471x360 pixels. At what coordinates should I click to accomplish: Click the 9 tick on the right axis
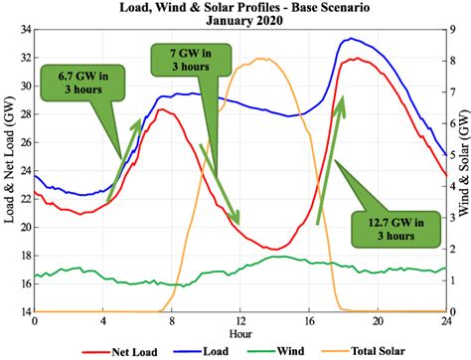(x=451, y=30)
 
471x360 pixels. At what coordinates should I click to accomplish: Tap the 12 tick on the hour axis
(x=239, y=322)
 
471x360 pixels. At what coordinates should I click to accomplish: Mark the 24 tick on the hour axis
(x=444, y=322)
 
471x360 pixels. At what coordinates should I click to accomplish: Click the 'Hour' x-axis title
(x=238, y=335)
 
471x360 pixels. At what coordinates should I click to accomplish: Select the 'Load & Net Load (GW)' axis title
(x=9, y=171)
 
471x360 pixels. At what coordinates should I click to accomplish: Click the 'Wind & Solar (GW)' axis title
(x=463, y=171)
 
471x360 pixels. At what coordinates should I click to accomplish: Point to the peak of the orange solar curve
(x=261, y=58)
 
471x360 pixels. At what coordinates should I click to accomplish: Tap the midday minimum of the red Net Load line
(x=269, y=249)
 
